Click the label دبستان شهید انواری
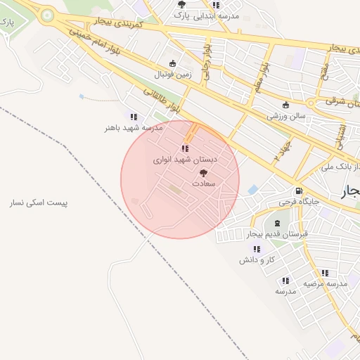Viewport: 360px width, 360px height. pos(186,160)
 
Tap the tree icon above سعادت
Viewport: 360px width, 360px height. pos(204,172)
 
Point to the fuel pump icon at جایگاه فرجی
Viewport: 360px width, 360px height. pos(300,191)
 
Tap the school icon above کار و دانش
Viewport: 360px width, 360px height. pos(256,249)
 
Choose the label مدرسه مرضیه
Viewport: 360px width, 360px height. pos(326,283)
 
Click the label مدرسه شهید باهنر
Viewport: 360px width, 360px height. pos(134,128)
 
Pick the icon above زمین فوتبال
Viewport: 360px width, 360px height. pos(172,63)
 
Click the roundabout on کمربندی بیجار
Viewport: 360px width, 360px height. pos(47,14)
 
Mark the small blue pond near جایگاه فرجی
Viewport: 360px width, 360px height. pos(253,190)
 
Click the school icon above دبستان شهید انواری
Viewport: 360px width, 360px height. pos(184,148)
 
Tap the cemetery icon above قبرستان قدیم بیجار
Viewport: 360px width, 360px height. pos(276,223)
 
